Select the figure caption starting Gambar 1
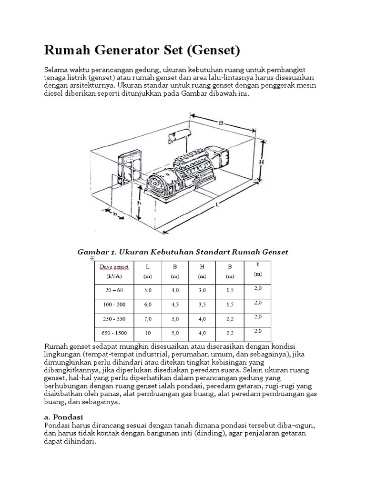click(x=183, y=252)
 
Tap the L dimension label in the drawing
click(x=217, y=206)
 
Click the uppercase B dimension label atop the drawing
click(x=221, y=123)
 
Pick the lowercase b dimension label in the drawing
click(x=115, y=214)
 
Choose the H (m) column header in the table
click(x=202, y=271)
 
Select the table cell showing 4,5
click(x=175, y=304)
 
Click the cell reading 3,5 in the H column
click(x=202, y=304)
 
